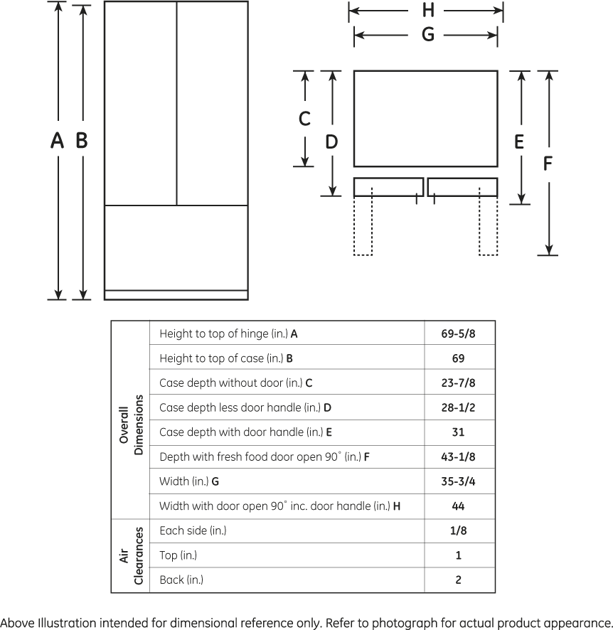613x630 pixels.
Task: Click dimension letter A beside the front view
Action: [57, 141]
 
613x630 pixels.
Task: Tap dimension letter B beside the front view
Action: [82, 141]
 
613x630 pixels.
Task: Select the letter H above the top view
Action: [428, 10]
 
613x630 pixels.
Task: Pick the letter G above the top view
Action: [428, 34]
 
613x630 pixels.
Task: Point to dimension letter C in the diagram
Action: [304, 119]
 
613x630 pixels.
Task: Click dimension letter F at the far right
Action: [547, 164]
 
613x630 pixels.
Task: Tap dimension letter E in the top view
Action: [519, 142]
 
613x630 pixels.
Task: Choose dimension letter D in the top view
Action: [331, 142]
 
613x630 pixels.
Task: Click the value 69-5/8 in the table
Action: [458, 333]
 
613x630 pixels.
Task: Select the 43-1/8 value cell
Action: [458, 457]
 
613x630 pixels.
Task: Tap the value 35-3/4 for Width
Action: [458, 481]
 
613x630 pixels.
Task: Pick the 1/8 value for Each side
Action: [459, 530]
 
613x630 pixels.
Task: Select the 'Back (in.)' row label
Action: [181, 580]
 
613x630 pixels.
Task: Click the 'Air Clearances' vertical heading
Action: [132, 555]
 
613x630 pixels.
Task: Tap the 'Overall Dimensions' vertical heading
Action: [132, 425]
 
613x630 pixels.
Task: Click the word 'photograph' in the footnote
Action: [405, 623]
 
